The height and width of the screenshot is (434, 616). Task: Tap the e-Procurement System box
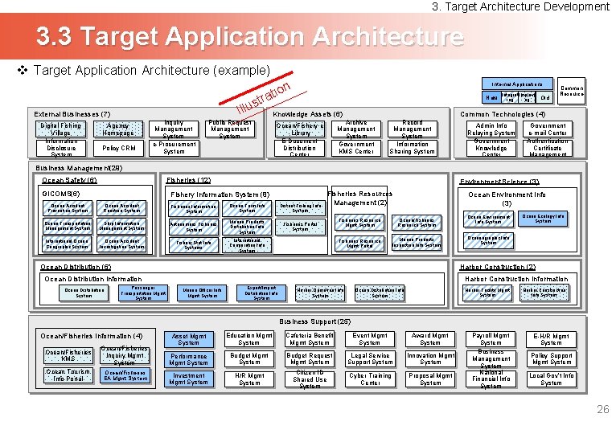174,148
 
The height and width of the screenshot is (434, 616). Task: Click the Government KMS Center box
356,148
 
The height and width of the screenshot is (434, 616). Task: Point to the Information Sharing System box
413,148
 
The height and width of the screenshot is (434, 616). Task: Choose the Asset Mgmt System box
189,339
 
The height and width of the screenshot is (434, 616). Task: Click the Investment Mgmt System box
189,379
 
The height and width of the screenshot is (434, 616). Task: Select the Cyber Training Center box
370,379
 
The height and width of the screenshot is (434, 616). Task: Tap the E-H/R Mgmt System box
551,339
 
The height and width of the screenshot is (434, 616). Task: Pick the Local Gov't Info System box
551,379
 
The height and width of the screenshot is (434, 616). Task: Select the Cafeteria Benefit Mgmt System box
310,339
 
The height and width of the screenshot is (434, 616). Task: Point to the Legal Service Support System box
370,359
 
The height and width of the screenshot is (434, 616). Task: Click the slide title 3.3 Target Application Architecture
249,37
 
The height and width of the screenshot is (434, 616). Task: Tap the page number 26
602,410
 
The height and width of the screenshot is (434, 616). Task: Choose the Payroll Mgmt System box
491,339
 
